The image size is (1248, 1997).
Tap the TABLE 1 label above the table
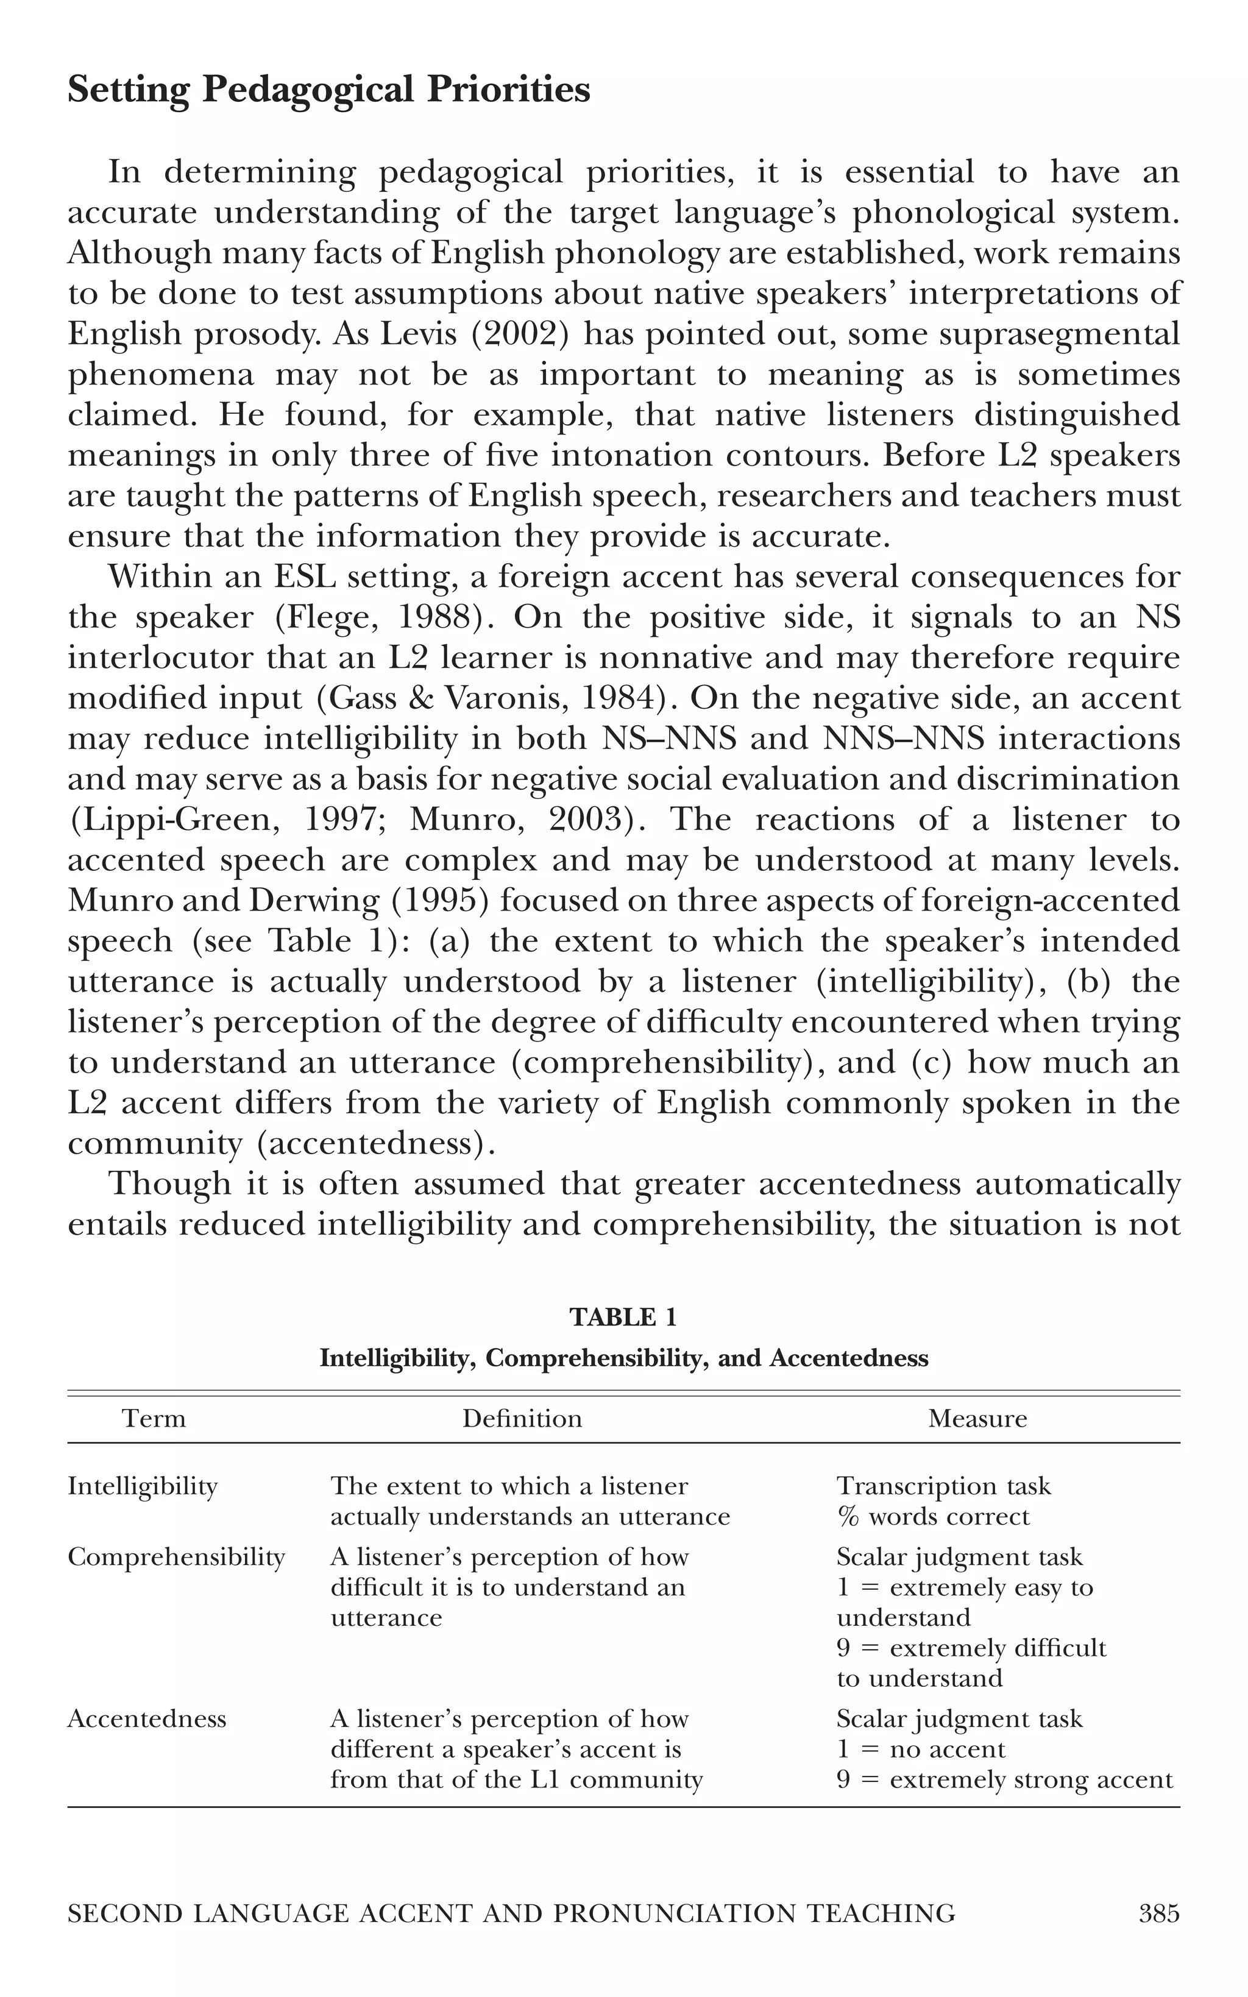(623, 1317)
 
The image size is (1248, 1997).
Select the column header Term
(154, 1419)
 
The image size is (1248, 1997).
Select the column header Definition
(522, 1419)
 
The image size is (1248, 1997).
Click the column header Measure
(977, 1419)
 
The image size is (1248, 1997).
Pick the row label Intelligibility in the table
(143, 1486)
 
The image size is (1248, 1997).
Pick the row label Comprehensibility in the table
(176, 1557)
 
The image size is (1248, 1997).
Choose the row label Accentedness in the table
(147, 1719)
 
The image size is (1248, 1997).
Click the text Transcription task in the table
(943, 1486)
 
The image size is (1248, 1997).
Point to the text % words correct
(933, 1517)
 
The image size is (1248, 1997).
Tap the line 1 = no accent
(920, 1750)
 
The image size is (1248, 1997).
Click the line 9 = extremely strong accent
(1004, 1780)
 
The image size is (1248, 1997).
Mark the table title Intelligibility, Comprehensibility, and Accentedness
(623, 1358)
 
